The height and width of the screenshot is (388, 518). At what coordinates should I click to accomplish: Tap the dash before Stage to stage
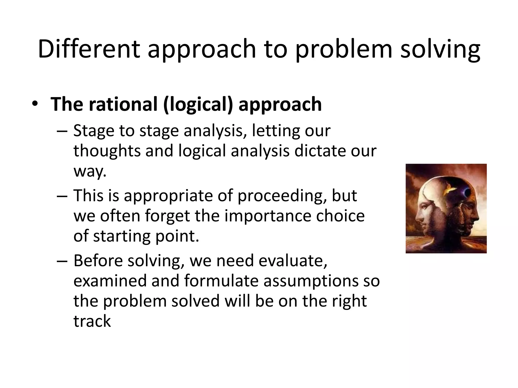coord(62,131)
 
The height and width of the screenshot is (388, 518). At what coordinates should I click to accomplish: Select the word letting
coord(275,131)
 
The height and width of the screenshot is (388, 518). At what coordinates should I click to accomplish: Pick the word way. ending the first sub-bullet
coord(90,171)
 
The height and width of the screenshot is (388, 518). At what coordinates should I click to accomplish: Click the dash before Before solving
coord(62,261)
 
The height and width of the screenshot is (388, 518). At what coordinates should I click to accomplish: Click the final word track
coord(92,321)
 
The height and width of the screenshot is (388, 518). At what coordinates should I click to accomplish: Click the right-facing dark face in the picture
coord(468,215)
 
